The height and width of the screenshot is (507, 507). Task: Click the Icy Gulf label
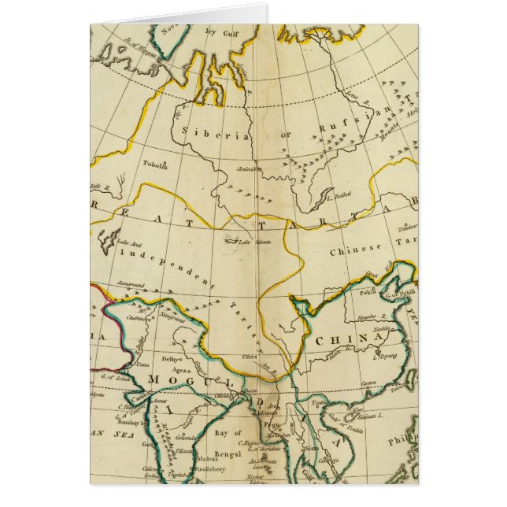[x=220, y=32]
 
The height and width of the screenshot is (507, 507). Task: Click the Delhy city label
[x=172, y=358]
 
